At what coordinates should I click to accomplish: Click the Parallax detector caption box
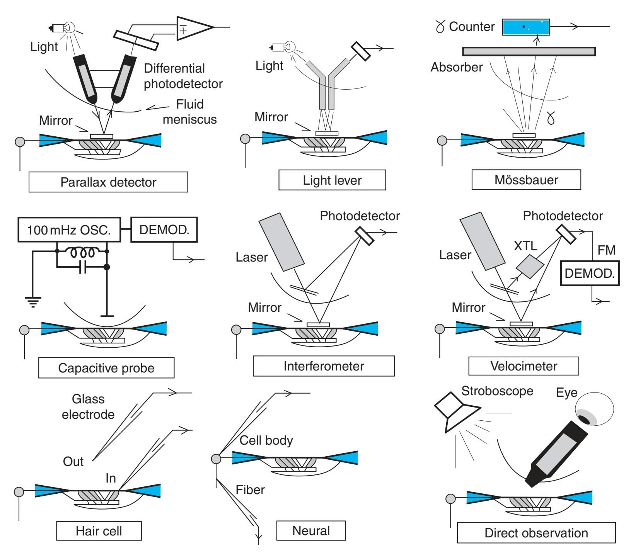(108, 182)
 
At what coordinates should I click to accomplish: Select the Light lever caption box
(332, 180)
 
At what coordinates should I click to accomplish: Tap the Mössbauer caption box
(526, 180)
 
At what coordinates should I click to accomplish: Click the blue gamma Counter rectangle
(526, 27)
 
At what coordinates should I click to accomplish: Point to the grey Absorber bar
(529, 51)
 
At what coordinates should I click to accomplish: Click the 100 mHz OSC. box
(69, 230)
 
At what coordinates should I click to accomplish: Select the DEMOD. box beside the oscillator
(164, 230)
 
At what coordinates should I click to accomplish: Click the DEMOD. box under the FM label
(590, 273)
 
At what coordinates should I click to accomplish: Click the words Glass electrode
(88, 406)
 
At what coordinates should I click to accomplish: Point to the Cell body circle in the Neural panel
(216, 459)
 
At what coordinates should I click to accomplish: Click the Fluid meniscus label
(189, 112)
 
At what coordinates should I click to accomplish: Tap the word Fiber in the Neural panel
(250, 489)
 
